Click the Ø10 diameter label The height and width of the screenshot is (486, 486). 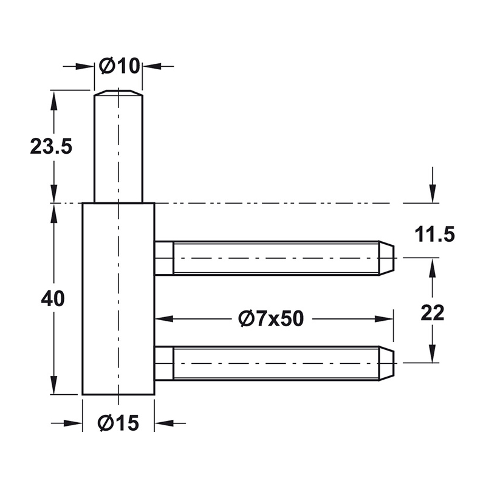119,66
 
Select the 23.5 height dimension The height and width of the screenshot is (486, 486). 51,146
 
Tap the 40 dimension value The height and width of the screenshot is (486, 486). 53,299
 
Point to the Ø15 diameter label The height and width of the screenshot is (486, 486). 118,423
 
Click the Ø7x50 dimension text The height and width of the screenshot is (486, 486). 271,318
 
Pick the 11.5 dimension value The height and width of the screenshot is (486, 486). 434,234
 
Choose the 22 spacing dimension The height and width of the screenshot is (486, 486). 433,313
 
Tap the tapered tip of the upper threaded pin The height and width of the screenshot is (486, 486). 386,258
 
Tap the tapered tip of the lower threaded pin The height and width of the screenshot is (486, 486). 386,363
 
